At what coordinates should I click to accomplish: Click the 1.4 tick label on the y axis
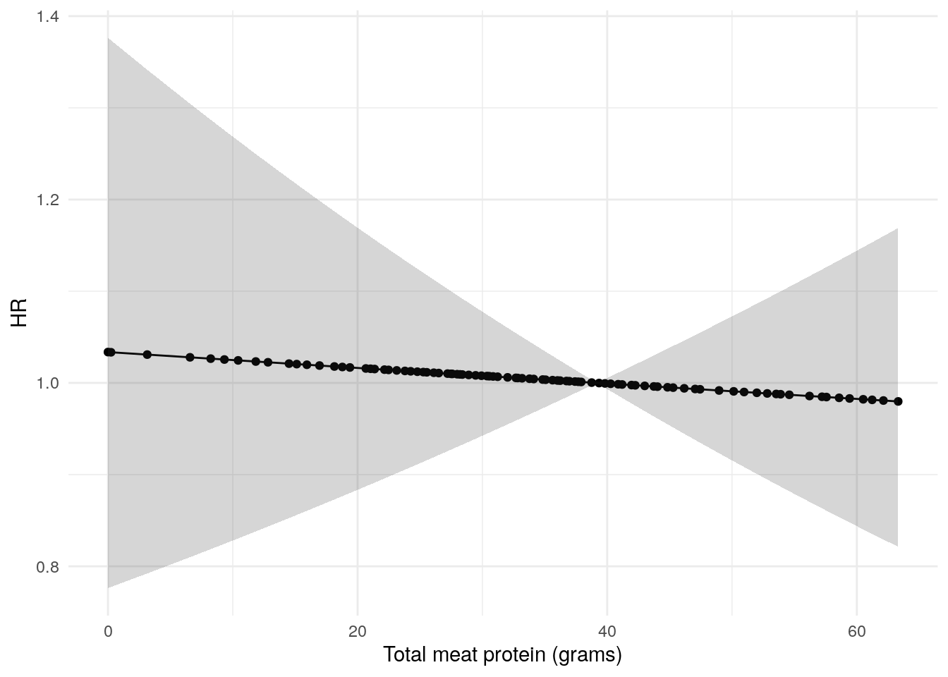(x=48, y=16)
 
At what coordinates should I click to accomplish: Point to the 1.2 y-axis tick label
(x=48, y=200)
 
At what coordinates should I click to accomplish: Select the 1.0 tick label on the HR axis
(x=48, y=383)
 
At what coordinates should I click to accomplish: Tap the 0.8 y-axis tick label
(x=48, y=566)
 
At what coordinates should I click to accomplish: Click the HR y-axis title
(x=19, y=312)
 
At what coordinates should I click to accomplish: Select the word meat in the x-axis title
(x=456, y=655)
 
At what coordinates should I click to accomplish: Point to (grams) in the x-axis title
(x=587, y=655)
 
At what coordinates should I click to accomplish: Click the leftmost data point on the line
(x=108, y=352)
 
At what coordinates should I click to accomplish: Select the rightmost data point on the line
(x=898, y=401)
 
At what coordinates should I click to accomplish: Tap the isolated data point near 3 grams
(x=147, y=354)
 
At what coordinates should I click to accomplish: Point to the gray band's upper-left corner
(x=109, y=39)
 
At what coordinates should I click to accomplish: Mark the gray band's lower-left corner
(x=109, y=587)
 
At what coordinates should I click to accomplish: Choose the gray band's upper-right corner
(x=897, y=229)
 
